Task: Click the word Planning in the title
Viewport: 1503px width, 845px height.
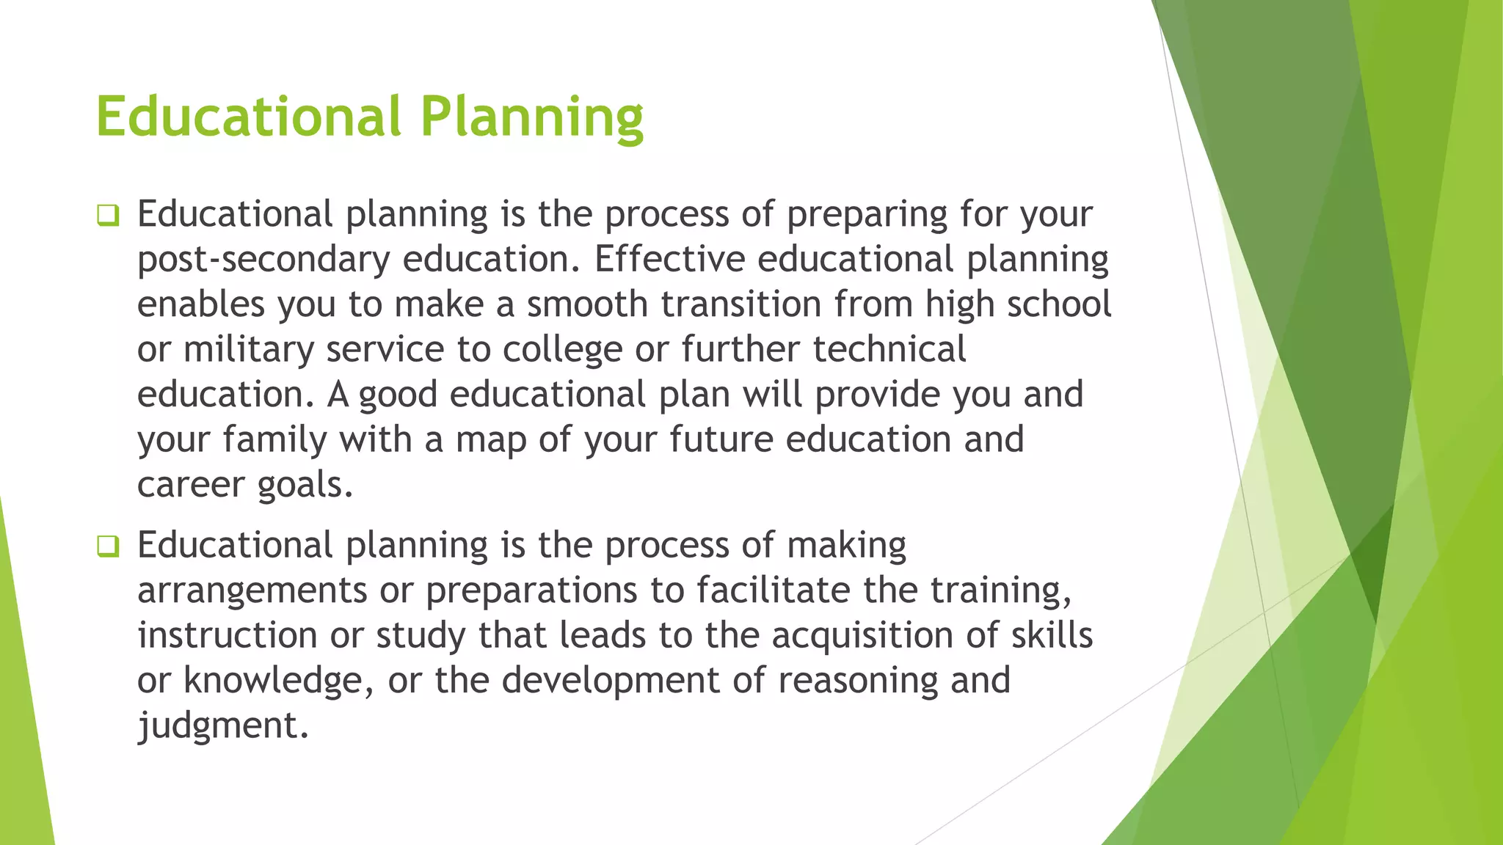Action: point(531,117)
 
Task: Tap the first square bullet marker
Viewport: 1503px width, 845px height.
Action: point(108,216)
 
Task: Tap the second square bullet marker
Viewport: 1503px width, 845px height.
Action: point(108,546)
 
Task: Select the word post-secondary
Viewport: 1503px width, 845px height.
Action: point(263,260)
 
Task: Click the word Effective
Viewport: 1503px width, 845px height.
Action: point(670,259)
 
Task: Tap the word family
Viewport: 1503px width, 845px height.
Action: point(274,440)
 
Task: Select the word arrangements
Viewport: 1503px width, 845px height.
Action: point(252,591)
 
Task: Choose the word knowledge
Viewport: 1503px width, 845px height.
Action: point(273,681)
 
